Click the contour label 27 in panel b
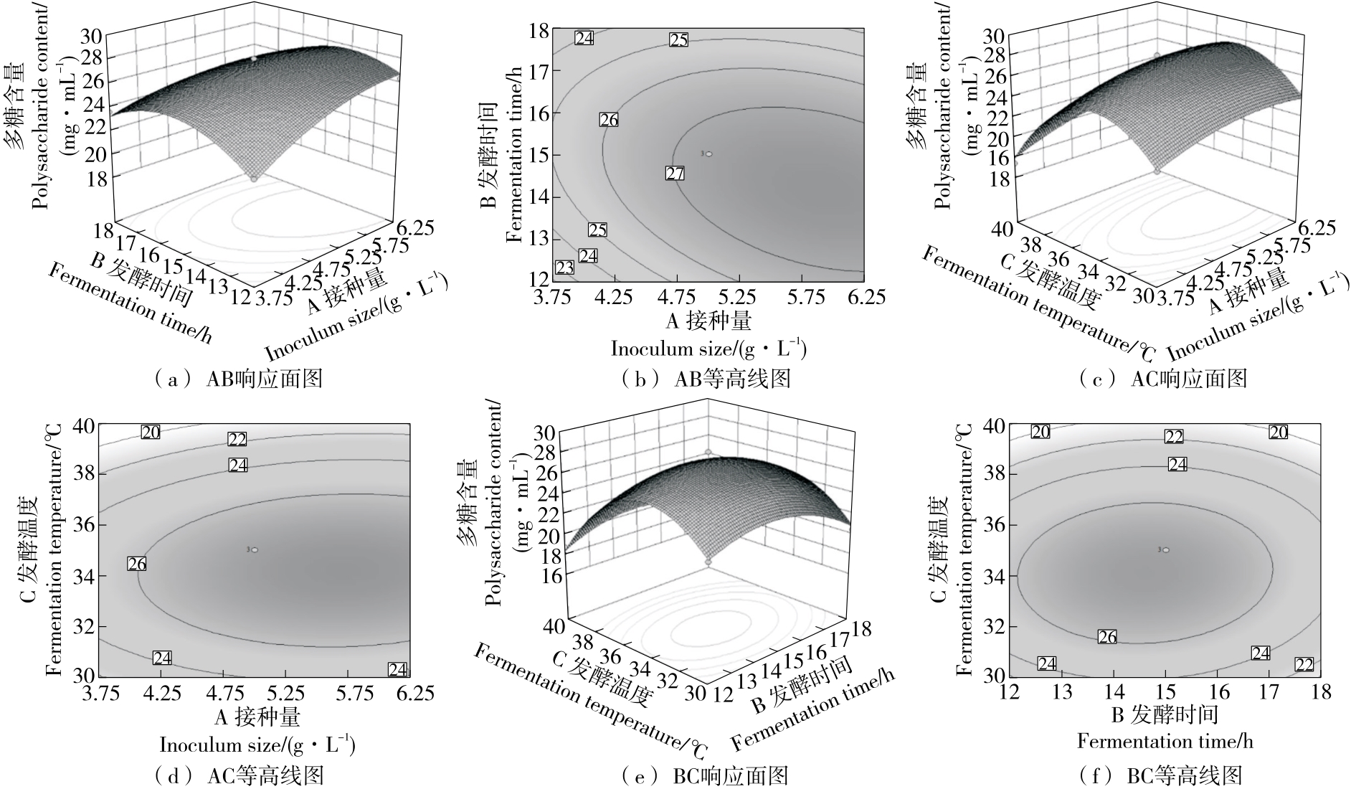coord(675,173)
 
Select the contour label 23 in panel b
coord(565,268)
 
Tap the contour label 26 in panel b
coord(608,120)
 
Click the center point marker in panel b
coord(708,153)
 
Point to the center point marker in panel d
coord(254,549)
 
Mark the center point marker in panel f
coord(1165,549)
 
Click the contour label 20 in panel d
coord(151,432)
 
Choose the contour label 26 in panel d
coord(136,564)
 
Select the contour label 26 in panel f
coord(1107,637)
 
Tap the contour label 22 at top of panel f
coord(1173,436)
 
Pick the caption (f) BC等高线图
coord(1160,775)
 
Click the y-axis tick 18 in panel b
coord(539,30)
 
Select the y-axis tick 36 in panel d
coord(85,525)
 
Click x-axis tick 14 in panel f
coord(1114,691)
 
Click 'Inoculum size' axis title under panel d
coord(257,744)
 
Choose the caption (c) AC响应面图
coord(1162,378)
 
